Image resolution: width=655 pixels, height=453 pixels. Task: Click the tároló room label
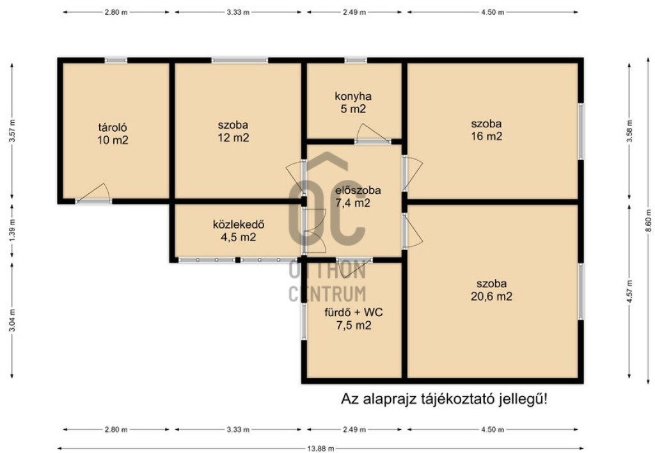tap(113, 127)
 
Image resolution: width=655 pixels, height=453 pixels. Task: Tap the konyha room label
tap(353, 96)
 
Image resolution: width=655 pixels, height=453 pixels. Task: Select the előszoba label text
tap(358, 190)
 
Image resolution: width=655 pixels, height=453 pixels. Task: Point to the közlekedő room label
tap(239, 225)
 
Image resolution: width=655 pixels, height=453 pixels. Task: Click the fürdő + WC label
tap(353, 312)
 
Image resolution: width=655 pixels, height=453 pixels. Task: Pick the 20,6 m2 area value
tap(491, 296)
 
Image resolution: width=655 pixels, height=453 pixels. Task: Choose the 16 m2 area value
tap(487, 136)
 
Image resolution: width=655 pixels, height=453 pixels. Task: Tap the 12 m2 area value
tap(233, 138)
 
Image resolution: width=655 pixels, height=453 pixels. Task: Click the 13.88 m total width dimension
tap(321, 449)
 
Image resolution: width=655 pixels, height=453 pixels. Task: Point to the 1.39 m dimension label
tap(12, 230)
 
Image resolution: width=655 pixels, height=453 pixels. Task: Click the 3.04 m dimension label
tap(12, 321)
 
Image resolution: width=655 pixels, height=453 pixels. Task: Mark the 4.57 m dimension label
tap(629, 291)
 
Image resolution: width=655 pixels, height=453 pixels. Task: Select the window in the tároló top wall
tap(116, 60)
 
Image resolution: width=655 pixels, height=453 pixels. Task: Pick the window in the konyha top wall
tap(356, 60)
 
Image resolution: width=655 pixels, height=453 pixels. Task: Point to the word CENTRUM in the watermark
tap(327, 294)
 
